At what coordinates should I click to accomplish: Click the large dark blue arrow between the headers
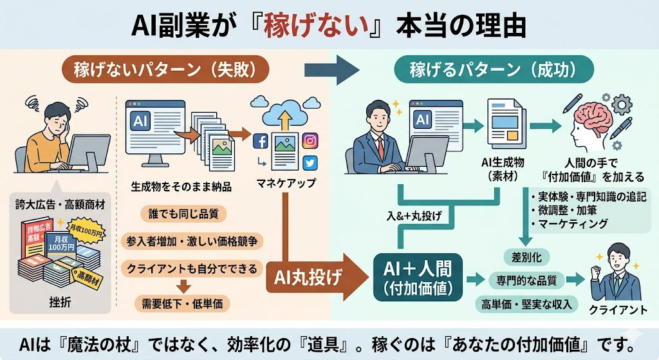pos(330,68)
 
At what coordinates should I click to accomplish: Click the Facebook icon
pos(261,141)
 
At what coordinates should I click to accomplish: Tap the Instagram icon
pos(310,140)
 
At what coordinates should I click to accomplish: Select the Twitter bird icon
pos(310,163)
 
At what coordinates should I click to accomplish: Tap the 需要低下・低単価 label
pos(182,302)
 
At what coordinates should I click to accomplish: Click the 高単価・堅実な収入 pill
pos(526,303)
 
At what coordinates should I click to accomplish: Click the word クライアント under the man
pos(617,310)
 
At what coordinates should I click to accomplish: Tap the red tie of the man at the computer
pos(381,147)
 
